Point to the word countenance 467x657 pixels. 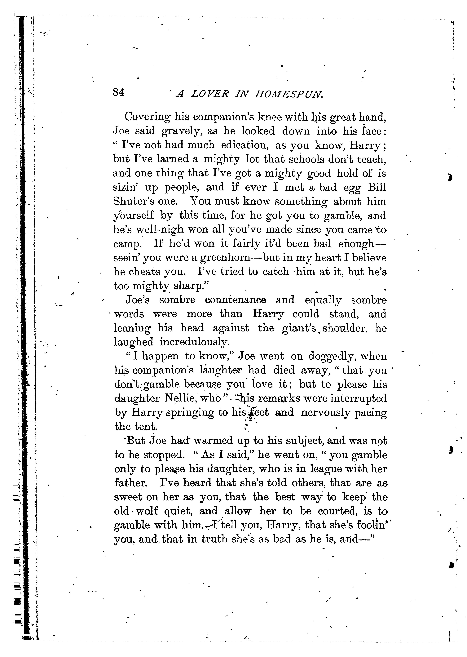pyautogui.click(x=236, y=300)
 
